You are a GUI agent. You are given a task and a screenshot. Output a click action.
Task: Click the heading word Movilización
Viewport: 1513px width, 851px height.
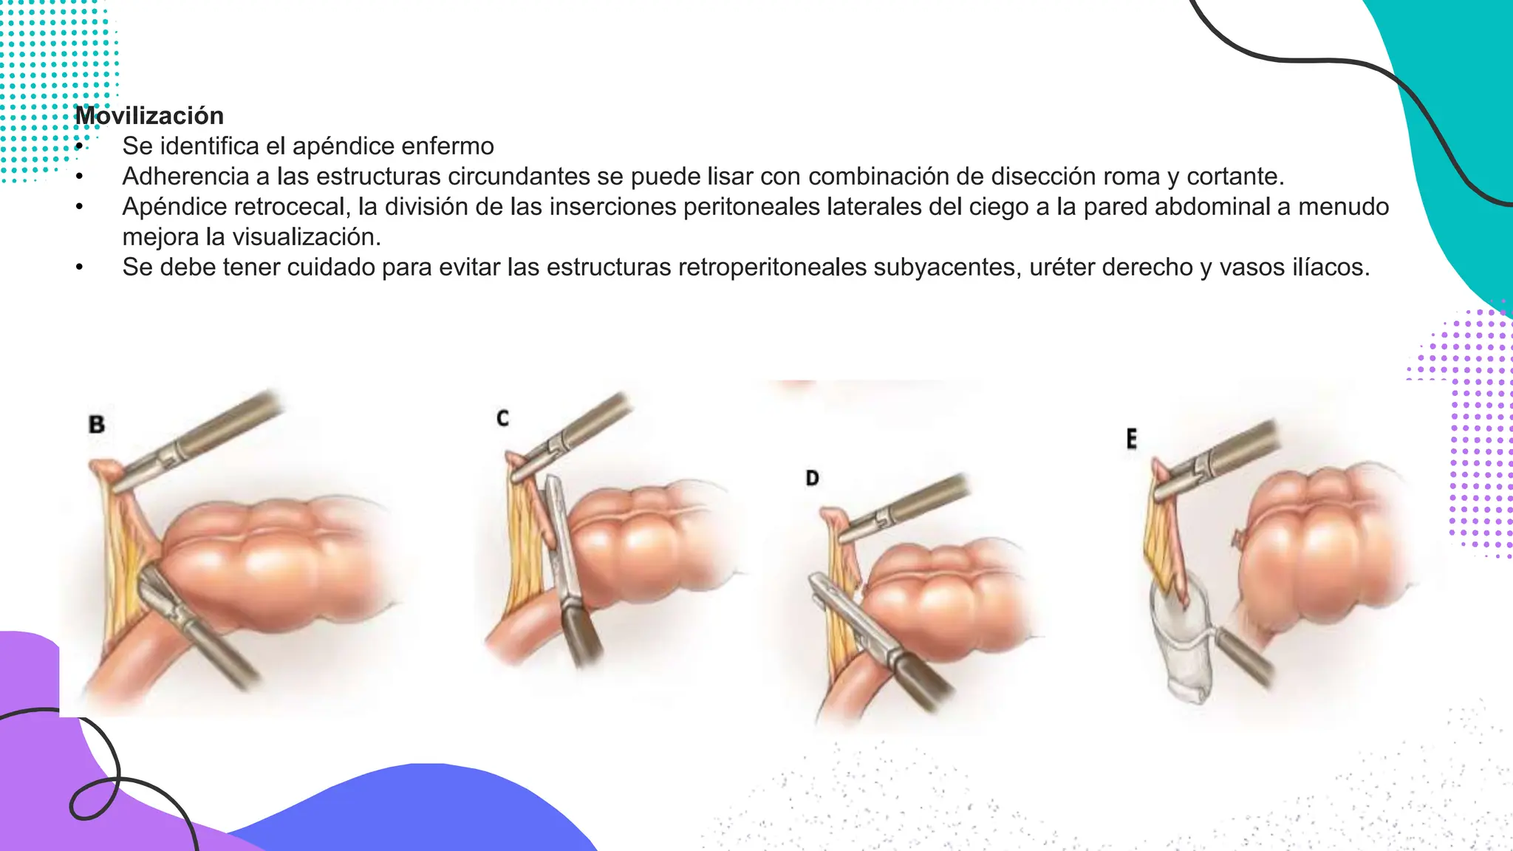click(149, 116)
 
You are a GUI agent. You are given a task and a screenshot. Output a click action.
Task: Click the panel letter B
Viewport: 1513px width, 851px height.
click(97, 425)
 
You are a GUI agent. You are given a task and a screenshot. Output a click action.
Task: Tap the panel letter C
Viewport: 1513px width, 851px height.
click(502, 419)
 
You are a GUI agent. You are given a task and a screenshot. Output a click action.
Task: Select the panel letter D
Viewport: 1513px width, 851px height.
click(812, 479)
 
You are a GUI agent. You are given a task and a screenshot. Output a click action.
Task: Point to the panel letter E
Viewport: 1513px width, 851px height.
click(1131, 440)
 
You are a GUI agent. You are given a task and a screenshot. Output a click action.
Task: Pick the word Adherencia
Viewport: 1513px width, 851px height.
click(185, 177)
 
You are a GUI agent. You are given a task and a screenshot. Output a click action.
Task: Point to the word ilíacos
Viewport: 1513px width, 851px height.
click(1331, 267)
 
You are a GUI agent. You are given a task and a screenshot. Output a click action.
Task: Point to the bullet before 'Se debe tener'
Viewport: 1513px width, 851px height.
click(79, 267)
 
